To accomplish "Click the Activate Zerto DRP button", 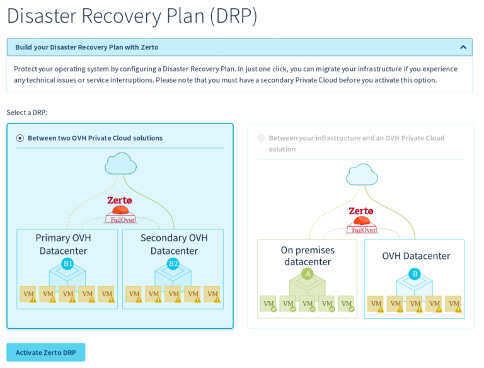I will pyautogui.click(x=45, y=352).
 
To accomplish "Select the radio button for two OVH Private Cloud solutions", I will pyautogui.click(x=20, y=138).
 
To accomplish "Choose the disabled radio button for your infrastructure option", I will pyautogui.click(x=261, y=138).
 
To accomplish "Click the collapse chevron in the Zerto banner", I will pyautogui.click(x=463, y=47).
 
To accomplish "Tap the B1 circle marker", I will pyautogui.click(x=67, y=263).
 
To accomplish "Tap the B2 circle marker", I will pyautogui.click(x=173, y=263).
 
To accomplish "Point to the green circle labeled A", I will pyautogui.click(x=307, y=273).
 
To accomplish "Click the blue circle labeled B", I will pyautogui.click(x=414, y=273).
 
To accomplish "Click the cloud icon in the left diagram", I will pyautogui.click(x=120, y=164).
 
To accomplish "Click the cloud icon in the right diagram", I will pyautogui.click(x=362, y=175).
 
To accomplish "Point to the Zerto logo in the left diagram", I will pyautogui.click(x=120, y=200).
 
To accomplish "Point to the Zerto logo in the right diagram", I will pyautogui.click(x=361, y=211).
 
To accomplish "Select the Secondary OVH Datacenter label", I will pyautogui.click(x=173, y=244).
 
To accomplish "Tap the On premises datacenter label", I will pyautogui.click(x=308, y=255).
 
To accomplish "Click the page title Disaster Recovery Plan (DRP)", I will pyautogui.click(x=132, y=16).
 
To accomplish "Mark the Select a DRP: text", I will pyautogui.click(x=27, y=112).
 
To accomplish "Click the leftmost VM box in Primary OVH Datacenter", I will pyautogui.click(x=28, y=294).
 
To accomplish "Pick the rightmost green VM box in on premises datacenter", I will pyautogui.click(x=346, y=304).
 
